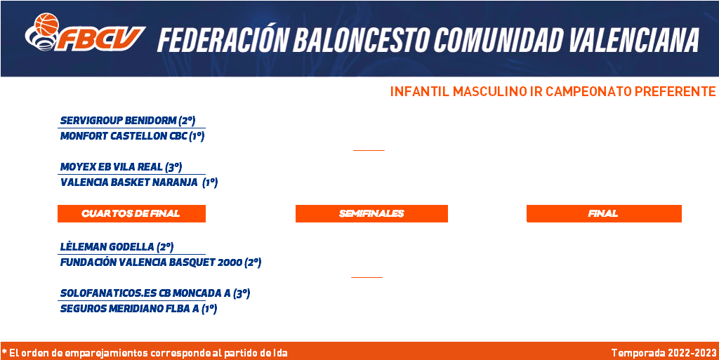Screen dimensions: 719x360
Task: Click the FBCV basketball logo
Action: (85, 32)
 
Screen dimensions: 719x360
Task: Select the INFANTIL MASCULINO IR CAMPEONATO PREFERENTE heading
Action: (553, 92)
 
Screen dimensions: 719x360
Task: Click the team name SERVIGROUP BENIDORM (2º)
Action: (128, 121)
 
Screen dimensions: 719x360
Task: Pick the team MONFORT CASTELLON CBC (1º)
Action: (132, 136)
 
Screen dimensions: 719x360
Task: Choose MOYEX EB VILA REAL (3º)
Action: (121, 167)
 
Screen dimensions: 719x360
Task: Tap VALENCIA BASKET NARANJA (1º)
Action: (139, 182)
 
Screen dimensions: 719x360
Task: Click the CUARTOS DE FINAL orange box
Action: (131, 213)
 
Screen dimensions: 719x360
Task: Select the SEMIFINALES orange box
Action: (371, 213)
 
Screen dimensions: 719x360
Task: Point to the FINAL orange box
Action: (604, 213)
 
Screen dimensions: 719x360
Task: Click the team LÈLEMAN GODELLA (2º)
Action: (117, 247)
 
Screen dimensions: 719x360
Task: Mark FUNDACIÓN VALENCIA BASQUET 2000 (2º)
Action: (161, 263)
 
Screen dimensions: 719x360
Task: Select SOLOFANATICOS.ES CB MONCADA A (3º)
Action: (155, 293)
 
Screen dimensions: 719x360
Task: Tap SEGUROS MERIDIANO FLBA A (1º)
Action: (138, 309)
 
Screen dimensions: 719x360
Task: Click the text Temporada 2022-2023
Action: (664, 353)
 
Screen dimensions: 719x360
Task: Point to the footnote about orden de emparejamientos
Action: (145, 353)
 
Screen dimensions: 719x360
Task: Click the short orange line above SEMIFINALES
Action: (369, 150)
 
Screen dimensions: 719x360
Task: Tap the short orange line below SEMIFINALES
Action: (367, 277)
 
